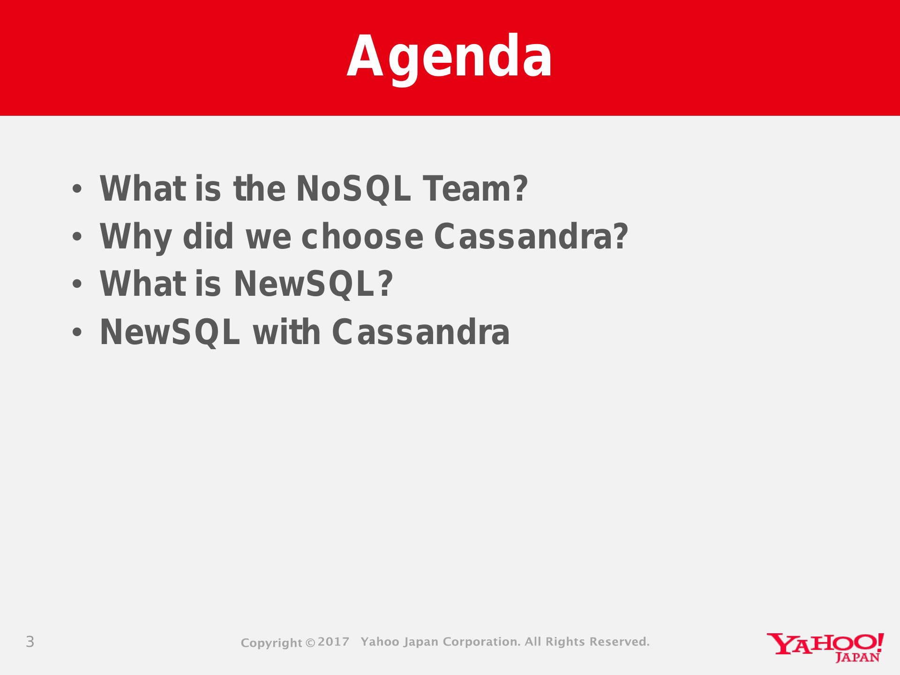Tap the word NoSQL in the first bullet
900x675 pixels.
[353, 189]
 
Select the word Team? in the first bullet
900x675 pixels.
[475, 188]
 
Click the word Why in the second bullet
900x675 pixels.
[136, 237]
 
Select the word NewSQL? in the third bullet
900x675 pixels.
[313, 284]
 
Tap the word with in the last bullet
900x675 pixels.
[286, 332]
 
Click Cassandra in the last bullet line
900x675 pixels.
[421, 332]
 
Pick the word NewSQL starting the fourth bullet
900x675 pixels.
[170, 332]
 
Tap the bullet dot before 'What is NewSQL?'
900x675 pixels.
[77, 284]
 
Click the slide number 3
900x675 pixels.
[30, 642]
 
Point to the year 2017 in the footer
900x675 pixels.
[333, 642]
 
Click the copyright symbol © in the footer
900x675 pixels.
[310, 643]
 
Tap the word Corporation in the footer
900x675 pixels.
[481, 642]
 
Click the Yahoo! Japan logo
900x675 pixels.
[825, 647]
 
